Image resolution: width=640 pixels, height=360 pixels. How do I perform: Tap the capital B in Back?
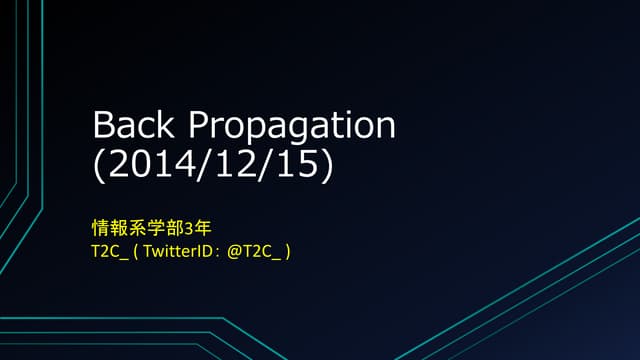click(101, 127)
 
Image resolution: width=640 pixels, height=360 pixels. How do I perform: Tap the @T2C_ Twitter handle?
click(254, 252)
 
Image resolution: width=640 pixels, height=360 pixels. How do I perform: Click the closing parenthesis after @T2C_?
click(287, 252)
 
